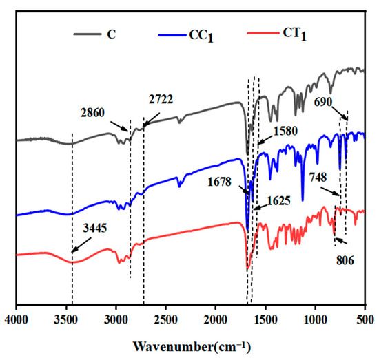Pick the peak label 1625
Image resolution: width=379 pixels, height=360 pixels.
tap(276, 204)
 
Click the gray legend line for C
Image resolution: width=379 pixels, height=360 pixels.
tap(85, 32)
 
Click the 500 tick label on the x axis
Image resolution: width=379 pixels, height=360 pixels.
tap(364, 318)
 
